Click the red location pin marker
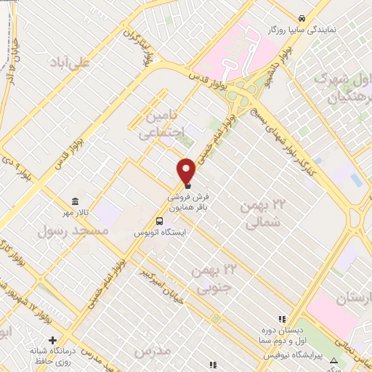click(x=187, y=170)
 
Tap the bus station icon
click(x=158, y=221)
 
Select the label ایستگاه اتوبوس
click(x=160, y=232)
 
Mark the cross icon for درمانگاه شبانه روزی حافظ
click(x=52, y=340)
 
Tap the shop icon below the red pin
click(x=187, y=185)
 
